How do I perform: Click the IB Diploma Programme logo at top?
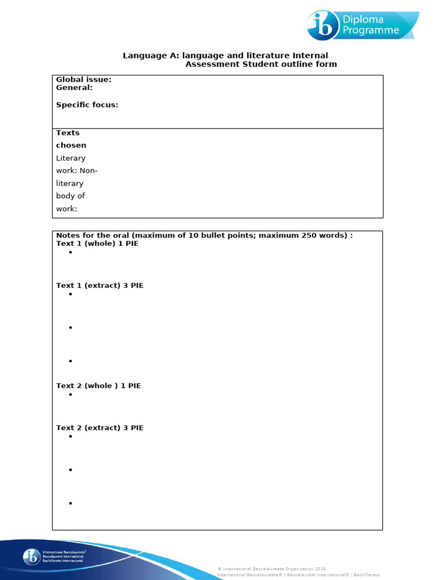click(x=362, y=25)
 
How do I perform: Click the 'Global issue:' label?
click(x=83, y=80)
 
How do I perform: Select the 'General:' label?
click(x=74, y=88)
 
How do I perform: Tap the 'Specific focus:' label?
click(x=87, y=105)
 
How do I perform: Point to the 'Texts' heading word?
click(x=68, y=133)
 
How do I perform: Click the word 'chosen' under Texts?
click(x=71, y=146)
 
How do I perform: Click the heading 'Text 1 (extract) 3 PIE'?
click(x=100, y=285)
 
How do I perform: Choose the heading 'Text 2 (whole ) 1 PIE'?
click(x=99, y=386)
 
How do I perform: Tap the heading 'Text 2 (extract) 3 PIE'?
click(x=100, y=428)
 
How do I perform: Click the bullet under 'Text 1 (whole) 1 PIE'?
click(x=71, y=253)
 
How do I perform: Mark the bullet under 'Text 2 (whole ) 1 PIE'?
click(x=71, y=394)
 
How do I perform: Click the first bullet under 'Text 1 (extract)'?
click(x=71, y=295)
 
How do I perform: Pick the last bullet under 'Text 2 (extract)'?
click(x=71, y=503)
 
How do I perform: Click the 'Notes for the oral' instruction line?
click(x=204, y=235)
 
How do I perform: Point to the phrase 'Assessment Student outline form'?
click(x=261, y=64)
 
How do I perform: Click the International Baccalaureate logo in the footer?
click(x=54, y=556)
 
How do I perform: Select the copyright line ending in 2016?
click(x=272, y=569)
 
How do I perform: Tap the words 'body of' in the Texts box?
click(x=70, y=196)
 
